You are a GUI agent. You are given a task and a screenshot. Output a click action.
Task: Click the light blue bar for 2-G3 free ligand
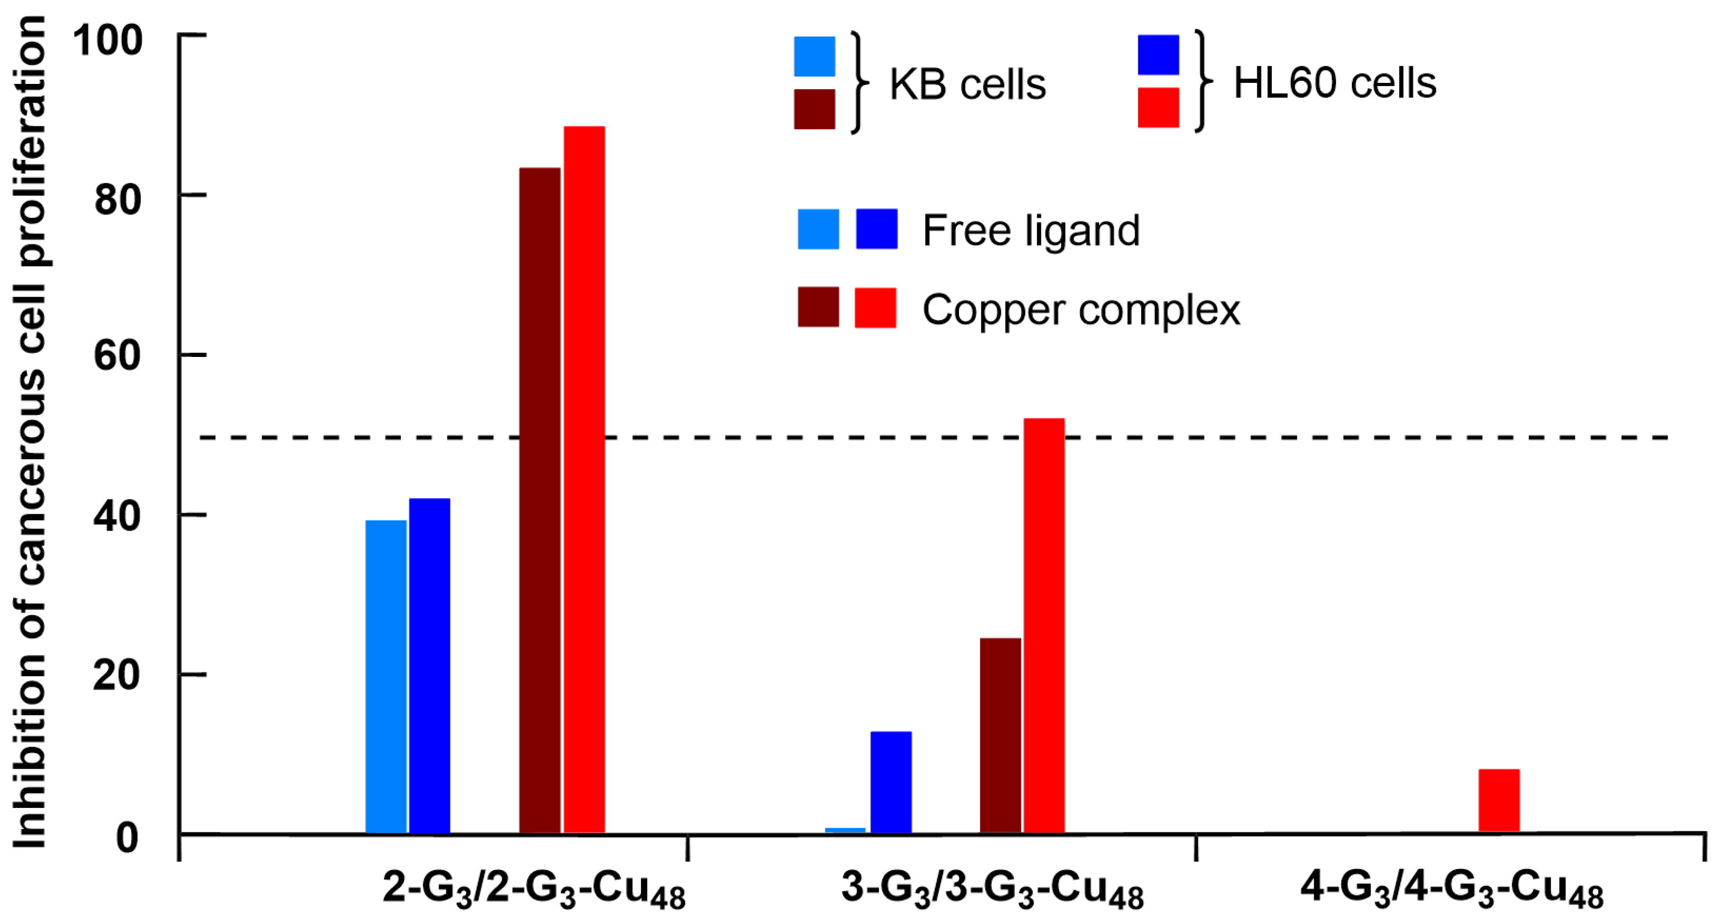[385, 676]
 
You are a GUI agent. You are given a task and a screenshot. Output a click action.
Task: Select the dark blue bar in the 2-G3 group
[429, 666]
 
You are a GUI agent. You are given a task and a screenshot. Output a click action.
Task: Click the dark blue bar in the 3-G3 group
[890, 782]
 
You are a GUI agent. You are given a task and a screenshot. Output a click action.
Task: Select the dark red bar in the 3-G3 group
[1000, 735]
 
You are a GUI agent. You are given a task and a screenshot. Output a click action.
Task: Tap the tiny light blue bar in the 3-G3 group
[845, 830]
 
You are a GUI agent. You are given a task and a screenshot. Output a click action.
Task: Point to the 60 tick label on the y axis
[117, 355]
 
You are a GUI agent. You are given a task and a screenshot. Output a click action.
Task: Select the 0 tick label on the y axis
[127, 837]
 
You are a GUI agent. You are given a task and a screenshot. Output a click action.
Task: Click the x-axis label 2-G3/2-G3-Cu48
[534, 890]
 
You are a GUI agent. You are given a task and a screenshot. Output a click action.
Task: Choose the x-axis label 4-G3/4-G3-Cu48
[1451, 890]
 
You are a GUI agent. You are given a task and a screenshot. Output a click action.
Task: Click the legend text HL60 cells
[1334, 83]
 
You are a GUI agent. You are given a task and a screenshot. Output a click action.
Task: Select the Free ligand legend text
[1031, 231]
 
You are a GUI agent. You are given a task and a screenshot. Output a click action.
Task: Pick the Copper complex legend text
[1080, 310]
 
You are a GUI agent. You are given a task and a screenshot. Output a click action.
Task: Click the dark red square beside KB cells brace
[814, 109]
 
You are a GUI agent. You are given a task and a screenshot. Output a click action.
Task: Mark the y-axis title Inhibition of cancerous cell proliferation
[30, 431]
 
